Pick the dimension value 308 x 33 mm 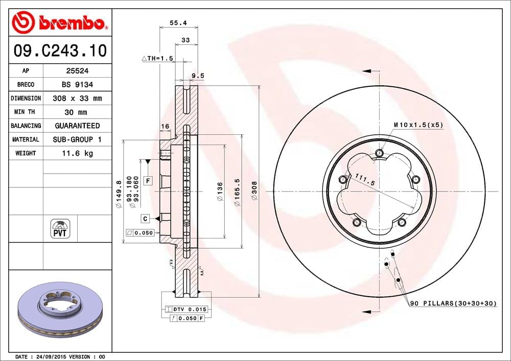(77, 98)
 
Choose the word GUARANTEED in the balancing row (77, 126)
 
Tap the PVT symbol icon (60, 228)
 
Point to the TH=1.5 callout (158, 59)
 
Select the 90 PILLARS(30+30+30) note (453, 303)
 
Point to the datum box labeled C (145, 219)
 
